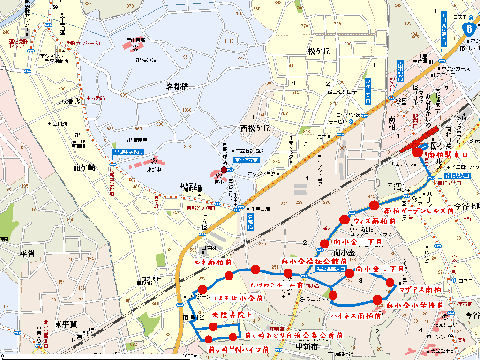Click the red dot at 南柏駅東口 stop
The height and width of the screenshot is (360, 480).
point(417,152)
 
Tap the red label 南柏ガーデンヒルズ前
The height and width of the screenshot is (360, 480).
point(419,211)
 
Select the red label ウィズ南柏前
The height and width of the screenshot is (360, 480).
point(375,221)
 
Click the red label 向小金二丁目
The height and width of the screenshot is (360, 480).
point(358,242)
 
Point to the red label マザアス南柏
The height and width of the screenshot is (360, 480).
point(420,290)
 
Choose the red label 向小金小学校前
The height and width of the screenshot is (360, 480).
point(415,306)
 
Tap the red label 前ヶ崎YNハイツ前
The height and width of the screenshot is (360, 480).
point(238,349)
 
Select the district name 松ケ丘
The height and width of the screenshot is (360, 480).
point(319,52)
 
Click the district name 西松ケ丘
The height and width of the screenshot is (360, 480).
point(255,128)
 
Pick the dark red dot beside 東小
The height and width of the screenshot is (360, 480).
point(224,170)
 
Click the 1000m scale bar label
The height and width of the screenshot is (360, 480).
point(190,356)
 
